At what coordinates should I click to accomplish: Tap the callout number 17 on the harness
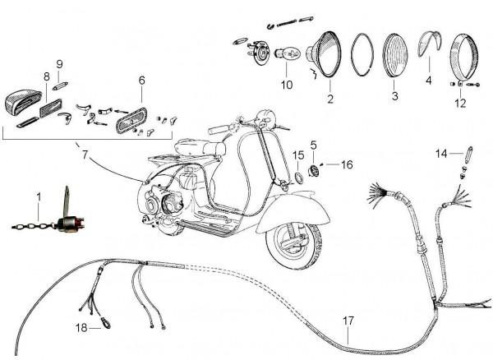coord(348,321)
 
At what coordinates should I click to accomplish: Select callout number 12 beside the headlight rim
coord(459,104)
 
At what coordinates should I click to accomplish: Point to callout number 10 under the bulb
coord(286,84)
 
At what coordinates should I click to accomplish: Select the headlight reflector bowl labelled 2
coord(327,58)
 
